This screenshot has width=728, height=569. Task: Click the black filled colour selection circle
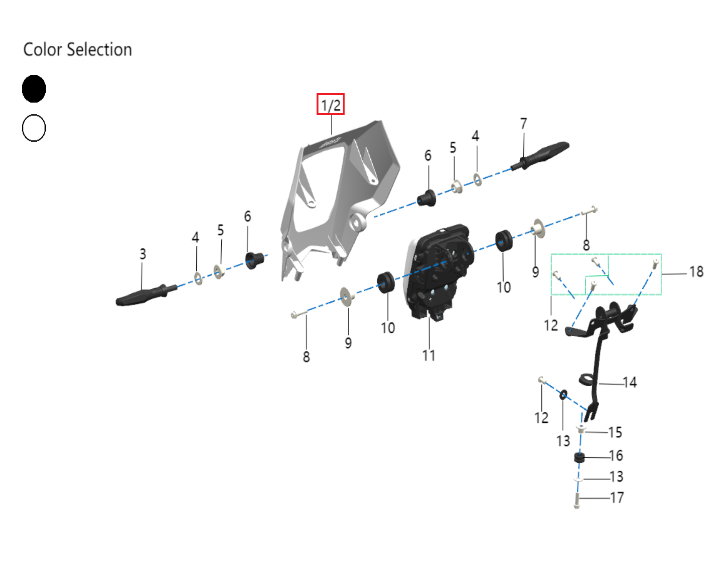coord(34,89)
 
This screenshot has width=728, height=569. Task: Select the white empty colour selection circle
coord(34,128)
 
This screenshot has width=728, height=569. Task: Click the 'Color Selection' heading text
coord(78,50)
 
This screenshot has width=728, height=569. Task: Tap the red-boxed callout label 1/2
coord(330,104)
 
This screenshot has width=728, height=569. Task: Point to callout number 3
coord(143,254)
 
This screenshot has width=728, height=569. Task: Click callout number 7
coord(523,124)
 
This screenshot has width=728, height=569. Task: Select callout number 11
coord(429,356)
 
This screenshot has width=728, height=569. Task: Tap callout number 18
coord(696,272)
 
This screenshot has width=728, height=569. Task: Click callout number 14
coord(630,382)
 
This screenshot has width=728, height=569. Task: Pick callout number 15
coord(615,432)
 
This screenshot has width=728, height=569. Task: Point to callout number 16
coord(616,456)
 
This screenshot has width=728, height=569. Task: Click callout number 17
coord(617,498)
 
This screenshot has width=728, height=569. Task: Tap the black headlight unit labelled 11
coord(438,269)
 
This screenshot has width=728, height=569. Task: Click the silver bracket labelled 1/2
coord(338,192)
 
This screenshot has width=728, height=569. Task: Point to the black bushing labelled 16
coord(579,457)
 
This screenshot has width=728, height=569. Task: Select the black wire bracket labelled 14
coord(598,357)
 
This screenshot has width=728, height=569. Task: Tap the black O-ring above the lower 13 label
coord(563,394)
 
